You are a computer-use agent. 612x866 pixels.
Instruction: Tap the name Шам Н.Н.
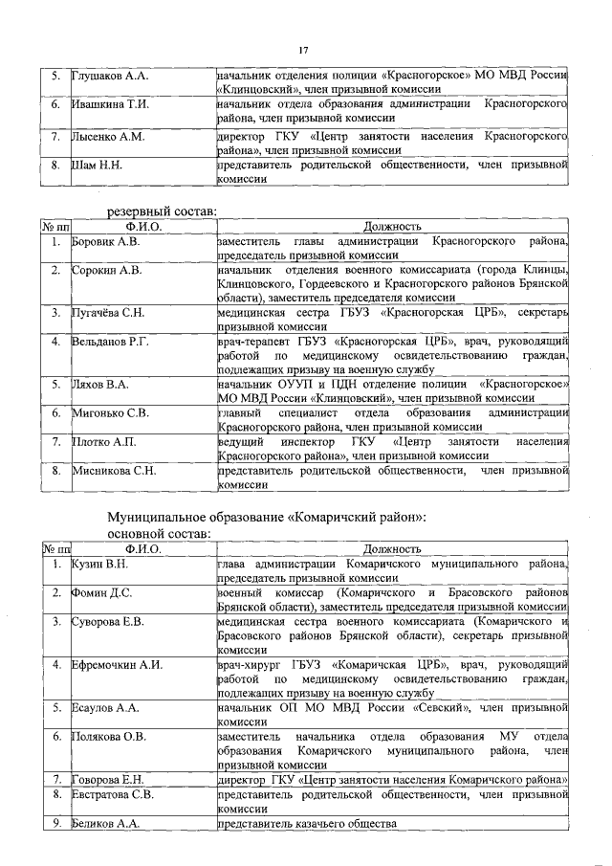(x=98, y=166)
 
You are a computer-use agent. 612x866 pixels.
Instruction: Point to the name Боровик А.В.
(x=106, y=242)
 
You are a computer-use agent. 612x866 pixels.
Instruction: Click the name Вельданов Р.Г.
(x=113, y=342)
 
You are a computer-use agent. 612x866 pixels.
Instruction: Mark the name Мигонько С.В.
(x=111, y=412)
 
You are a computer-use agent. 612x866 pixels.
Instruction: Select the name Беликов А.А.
(x=106, y=824)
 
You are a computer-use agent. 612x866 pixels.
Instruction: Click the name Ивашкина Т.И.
(x=108, y=104)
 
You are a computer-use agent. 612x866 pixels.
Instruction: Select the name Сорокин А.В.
(x=107, y=271)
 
